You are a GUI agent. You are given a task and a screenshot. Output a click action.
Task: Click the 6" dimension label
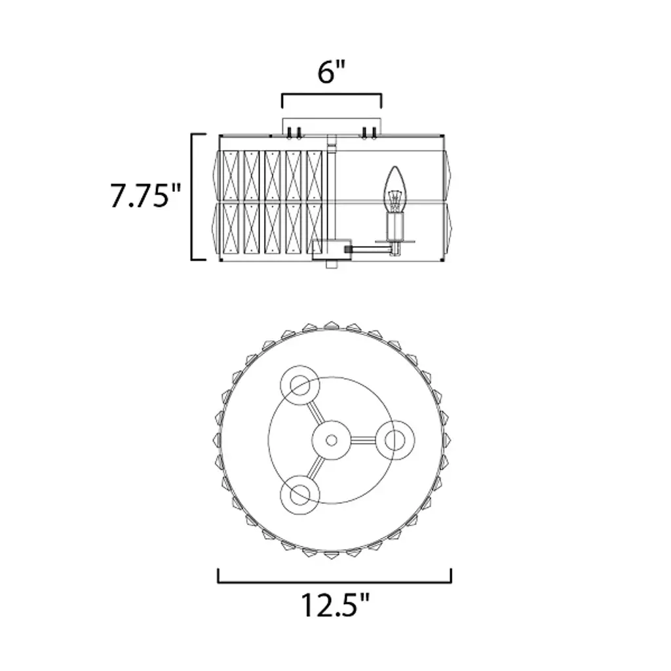[x=332, y=72]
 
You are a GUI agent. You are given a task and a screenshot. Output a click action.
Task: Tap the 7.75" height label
[x=146, y=195]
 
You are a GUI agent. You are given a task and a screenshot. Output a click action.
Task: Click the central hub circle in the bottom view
[x=331, y=440]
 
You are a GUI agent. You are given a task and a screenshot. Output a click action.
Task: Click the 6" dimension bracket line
[x=332, y=95]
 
